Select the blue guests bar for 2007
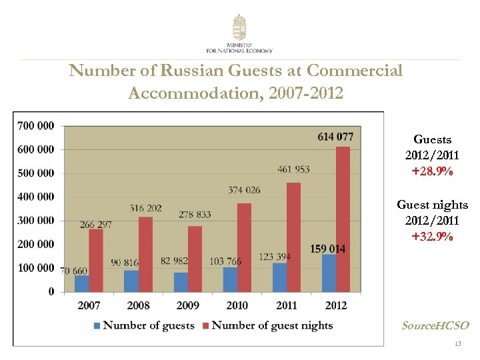pyautogui.click(x=81, y=283)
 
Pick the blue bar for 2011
pyautogui.click(x=279, y=277)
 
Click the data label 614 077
pyautogui.click(x=335, y=137)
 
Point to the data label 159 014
pyautogui.click(x=327, y=249)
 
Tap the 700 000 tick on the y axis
pyautogui.click(x=36, y=125)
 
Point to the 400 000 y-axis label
pyautogui.click(x=36, y=197)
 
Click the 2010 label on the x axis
pyautogui.click(x=237, y=305)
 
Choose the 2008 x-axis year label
pyautogui.click(x=139, y=305)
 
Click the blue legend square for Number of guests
pyautogui.click(x=97, y=326)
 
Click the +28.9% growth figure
pyautogui.click(x=432, y=171)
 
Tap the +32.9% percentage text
pyautogui.click(x=432, y=236)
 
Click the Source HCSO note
pyautogui.click(x=435, y=325)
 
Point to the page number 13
pyautogui.click(x=457, y=344)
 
